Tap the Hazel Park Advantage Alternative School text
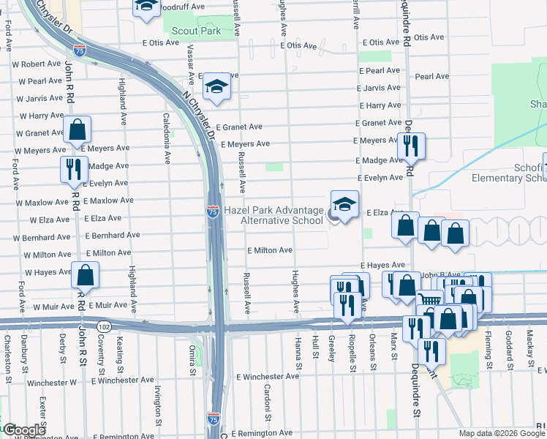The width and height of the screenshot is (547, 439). [x=273, y=215]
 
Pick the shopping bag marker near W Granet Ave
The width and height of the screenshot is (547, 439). [x=77, y=130]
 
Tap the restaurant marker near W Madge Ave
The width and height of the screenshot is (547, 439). [x=74, y=169]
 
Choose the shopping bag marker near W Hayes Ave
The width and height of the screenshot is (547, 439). [x=86, y=276]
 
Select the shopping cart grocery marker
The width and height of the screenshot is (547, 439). [x=430, y=301]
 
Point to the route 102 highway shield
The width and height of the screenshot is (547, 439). [x=103, y=326]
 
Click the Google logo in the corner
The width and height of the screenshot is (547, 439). [x=23, y=430]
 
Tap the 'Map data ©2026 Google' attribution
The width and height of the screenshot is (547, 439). [x=502, y=433]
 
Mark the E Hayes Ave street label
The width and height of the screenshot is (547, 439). [x=382, y=265]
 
